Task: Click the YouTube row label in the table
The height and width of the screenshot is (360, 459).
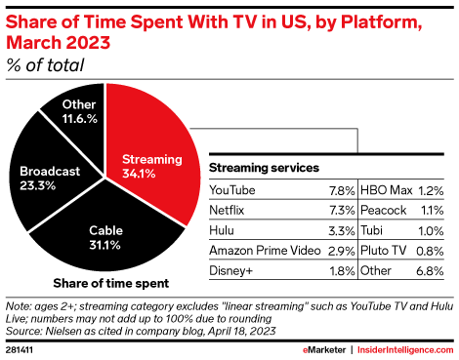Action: [x=230, y=192]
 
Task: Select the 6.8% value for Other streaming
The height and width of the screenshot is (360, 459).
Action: [x=431, y=269]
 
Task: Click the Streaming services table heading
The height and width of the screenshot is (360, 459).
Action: [x=264, y=167]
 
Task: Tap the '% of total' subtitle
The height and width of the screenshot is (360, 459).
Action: [x=45, y=65]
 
